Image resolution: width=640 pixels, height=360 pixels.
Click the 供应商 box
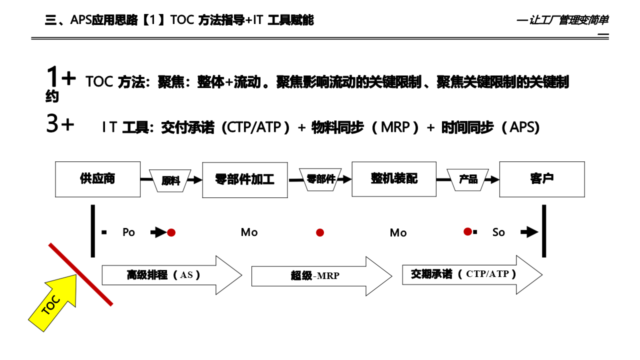(97, 179)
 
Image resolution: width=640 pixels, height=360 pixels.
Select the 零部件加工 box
(244, 179)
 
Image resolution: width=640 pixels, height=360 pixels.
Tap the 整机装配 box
(394, 178)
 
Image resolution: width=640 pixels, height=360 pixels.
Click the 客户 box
(542, 179)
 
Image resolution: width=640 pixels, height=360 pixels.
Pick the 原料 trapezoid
(170, 180)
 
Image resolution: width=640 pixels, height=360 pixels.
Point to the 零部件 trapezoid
(320, 179)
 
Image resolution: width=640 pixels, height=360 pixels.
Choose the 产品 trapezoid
(468, 179)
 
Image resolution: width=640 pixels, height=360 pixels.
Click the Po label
(128, 232)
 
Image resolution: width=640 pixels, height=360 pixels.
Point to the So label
(498, 232)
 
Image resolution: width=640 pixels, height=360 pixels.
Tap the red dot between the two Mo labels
(320, 232)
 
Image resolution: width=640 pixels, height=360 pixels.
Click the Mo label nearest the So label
(398, 233)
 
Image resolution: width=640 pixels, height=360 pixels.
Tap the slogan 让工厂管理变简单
(568, 20)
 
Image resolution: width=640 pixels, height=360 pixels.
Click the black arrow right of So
(529, 232)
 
